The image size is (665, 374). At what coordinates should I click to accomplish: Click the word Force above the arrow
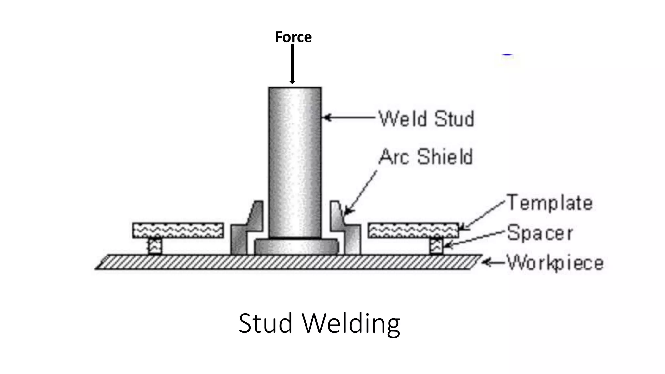[x=293, y=37]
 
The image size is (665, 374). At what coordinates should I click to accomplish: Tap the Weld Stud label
[x=426, y=119]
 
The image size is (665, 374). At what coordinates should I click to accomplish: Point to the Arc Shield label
[x=425, y=157]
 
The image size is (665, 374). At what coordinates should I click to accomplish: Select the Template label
[x=549, y=203]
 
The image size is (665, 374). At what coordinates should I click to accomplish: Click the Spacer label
[x=540, y=233]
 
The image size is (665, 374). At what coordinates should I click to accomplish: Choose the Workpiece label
[x=555, y=263]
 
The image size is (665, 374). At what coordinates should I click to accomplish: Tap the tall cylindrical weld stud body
[x=295, y=162]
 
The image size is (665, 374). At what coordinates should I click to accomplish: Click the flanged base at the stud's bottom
[x=296, y=246]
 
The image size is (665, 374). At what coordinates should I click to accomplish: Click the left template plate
[x=178, y=230]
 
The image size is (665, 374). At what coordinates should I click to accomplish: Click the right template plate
[x=413, y=230]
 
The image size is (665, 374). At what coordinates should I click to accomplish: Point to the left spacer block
[x=155, y=246]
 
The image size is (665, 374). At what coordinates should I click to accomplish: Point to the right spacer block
[x=436, y=246]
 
